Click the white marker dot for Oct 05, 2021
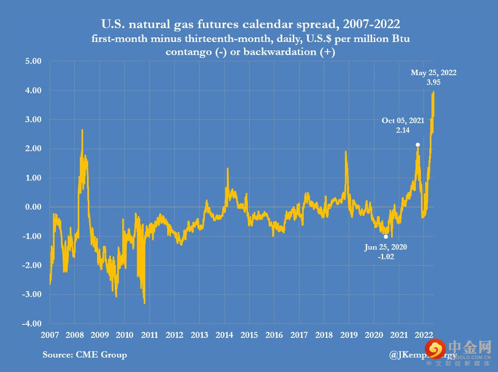coord(418,145)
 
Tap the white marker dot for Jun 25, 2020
coord(386,237)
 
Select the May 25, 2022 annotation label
coord(433,72)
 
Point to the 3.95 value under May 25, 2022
coord(433,82)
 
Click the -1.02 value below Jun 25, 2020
coord(386,256)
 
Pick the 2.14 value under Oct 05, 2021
coord(403,130)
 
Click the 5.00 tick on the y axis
coord(33,61)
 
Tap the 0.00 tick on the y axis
coord(33,207)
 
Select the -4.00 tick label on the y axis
coord(32,323)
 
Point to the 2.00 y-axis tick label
coord(33,148)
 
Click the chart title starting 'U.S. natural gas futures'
coord(250,23)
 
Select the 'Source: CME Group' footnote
coord(84,355)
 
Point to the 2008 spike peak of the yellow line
coord(82,130)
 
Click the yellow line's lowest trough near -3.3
coord(144,303)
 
